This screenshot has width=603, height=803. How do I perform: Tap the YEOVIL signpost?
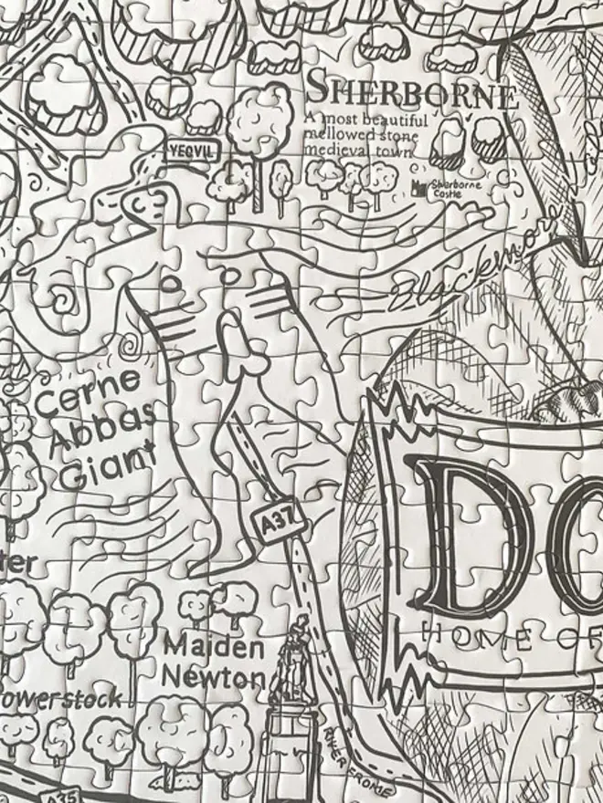coord(188,150)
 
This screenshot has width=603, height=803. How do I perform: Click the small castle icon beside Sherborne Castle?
coord(419,188)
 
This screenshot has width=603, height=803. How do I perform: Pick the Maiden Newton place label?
coord(216,662)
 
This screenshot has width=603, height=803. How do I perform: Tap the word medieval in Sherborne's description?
coord(334,150)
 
